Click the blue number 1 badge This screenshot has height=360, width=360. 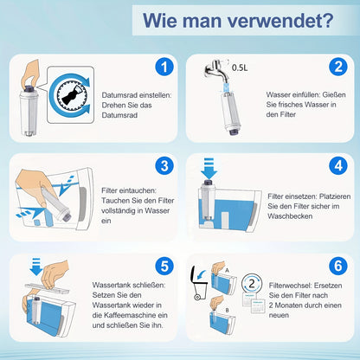[x=164, y=67]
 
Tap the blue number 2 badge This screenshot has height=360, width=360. [x=338, y=67]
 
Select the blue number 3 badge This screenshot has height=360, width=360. [x=164, y=166]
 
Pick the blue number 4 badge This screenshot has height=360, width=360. [x=338, y=166]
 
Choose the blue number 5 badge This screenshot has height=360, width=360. [x=164, y=266]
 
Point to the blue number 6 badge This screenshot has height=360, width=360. [x=338, y=266]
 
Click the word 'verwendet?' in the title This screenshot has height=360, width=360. [x=280, y=20]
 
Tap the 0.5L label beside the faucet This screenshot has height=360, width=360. [x=240, y=67]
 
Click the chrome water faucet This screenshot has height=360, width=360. [x=216, y=70]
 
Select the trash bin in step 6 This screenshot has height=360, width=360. [x=199, y=283]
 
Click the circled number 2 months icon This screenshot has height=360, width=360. [x=252, y=283]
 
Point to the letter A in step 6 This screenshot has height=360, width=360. [x=227, y=271]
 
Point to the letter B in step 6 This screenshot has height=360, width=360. [x=227, y=311]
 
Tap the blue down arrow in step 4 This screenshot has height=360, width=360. [x=209, y=169]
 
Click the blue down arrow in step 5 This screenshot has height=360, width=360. [x=36, y=267]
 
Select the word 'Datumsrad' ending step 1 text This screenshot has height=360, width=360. [x=119, y=115]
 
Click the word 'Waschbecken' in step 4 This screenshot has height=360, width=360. [x=290, y=216]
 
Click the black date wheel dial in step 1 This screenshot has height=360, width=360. [x=72, y=94]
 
